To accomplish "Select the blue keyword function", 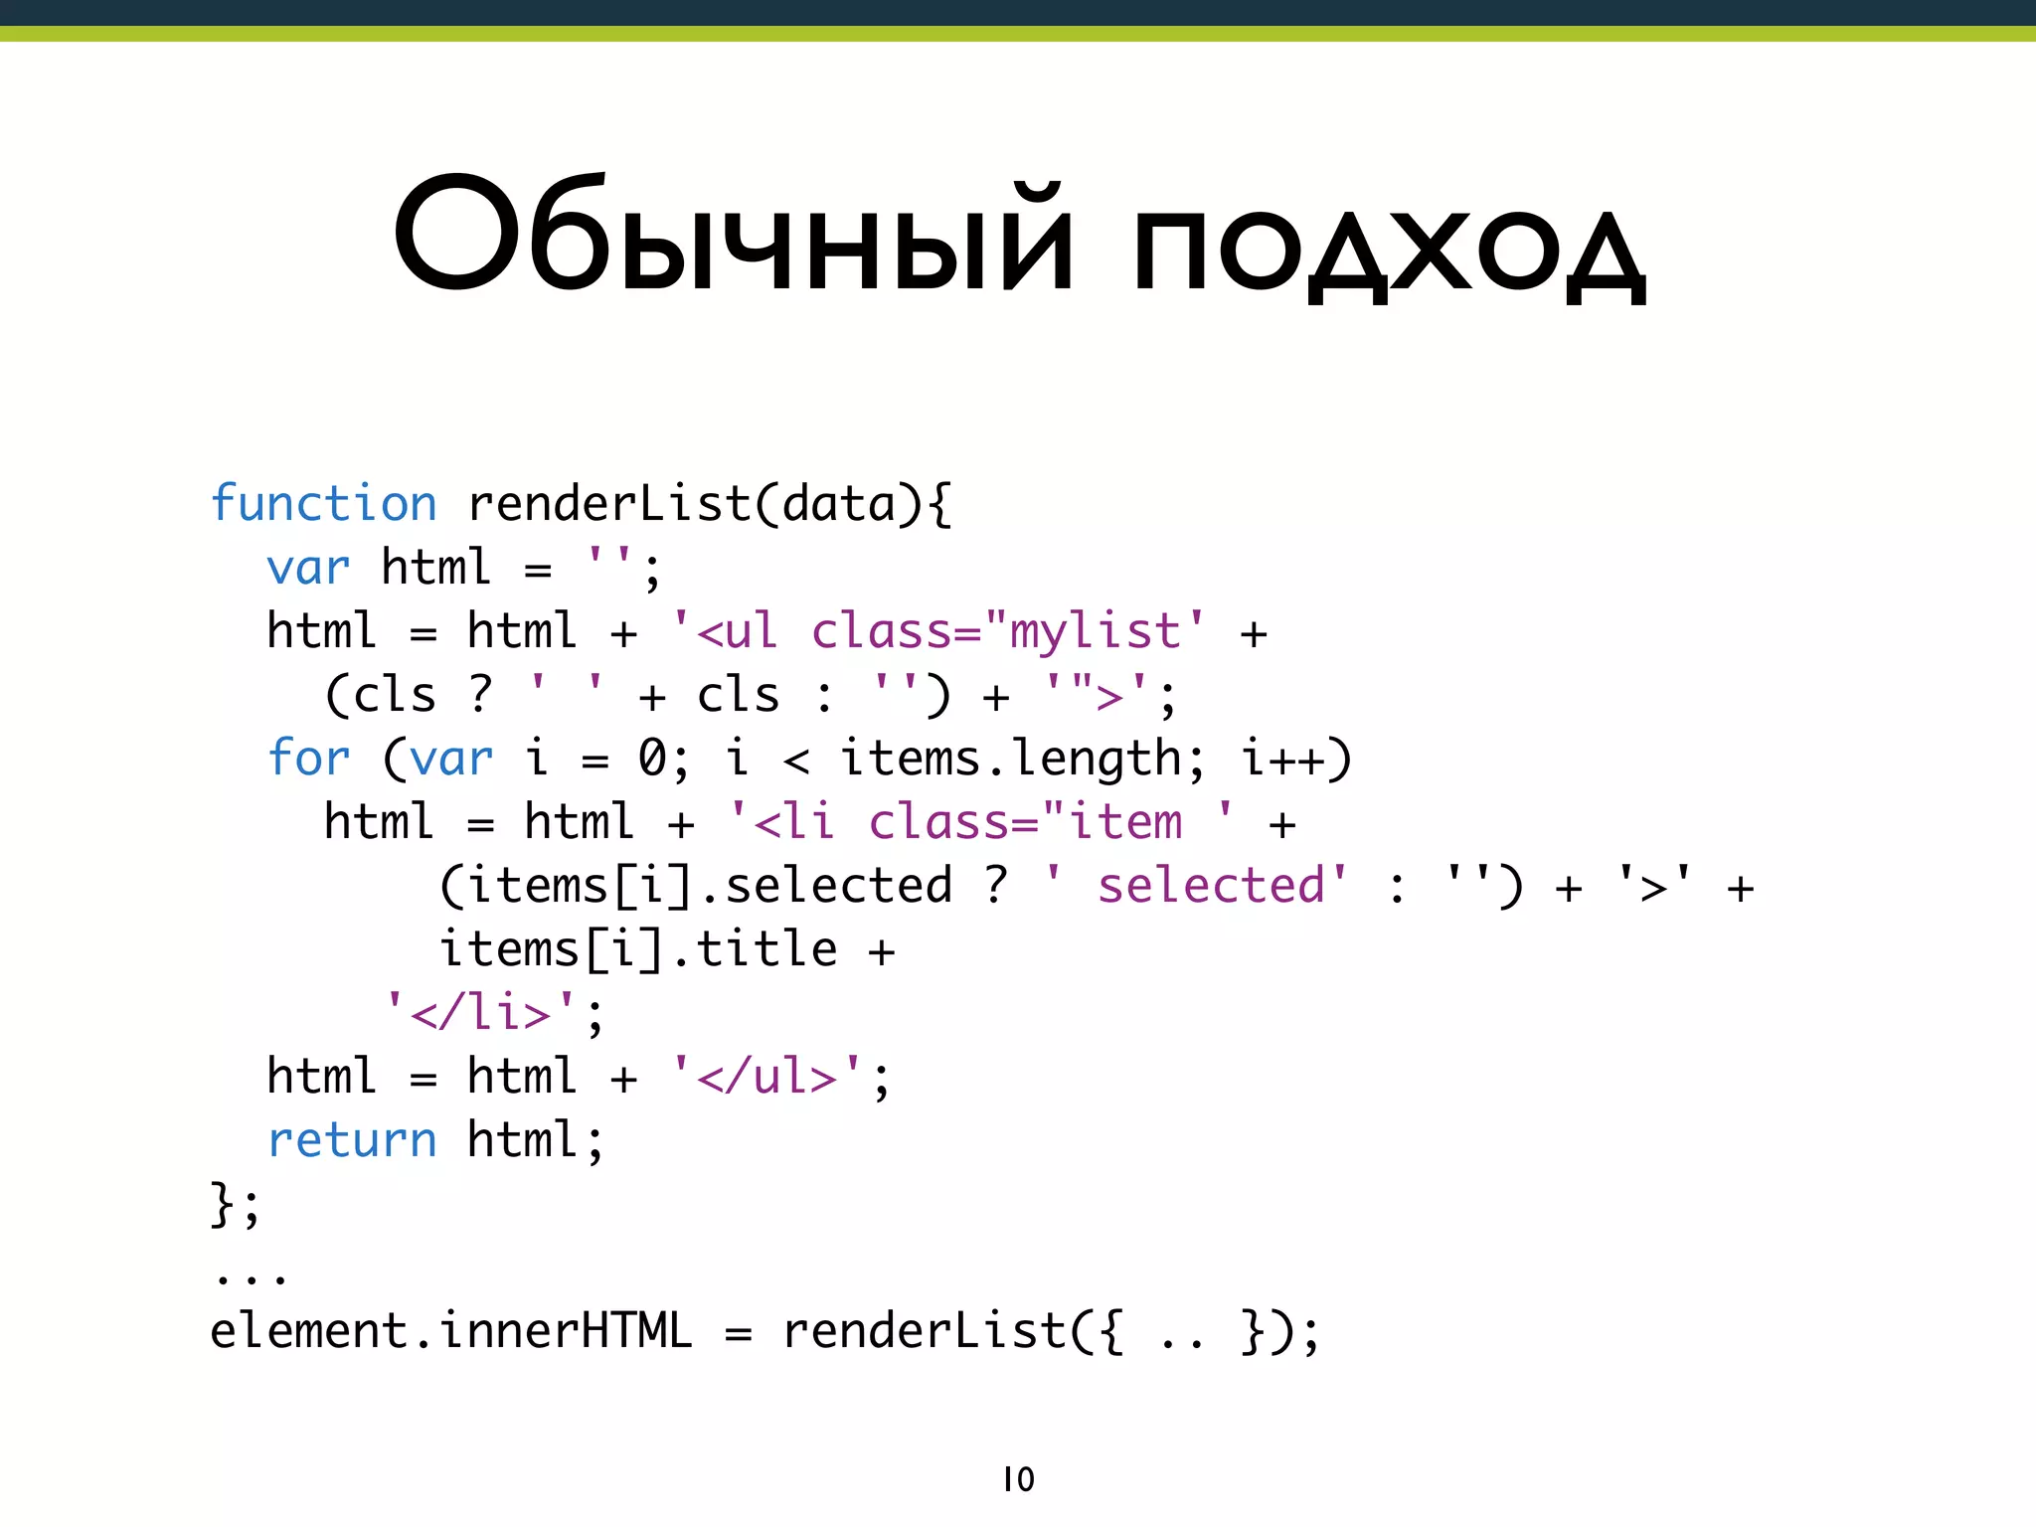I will pos(324,504).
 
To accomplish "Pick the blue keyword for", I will pos(309,759).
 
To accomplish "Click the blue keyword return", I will pos(352,1140).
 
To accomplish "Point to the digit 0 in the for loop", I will pos(651,759).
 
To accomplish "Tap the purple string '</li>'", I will pos(481,1013).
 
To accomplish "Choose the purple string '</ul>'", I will pos(766,1077).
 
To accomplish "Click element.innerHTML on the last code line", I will pos(450,1331).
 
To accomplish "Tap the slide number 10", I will pos(1018,1479).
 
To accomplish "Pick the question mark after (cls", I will pos(480,694).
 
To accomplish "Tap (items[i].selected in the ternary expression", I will pos(695,886).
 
